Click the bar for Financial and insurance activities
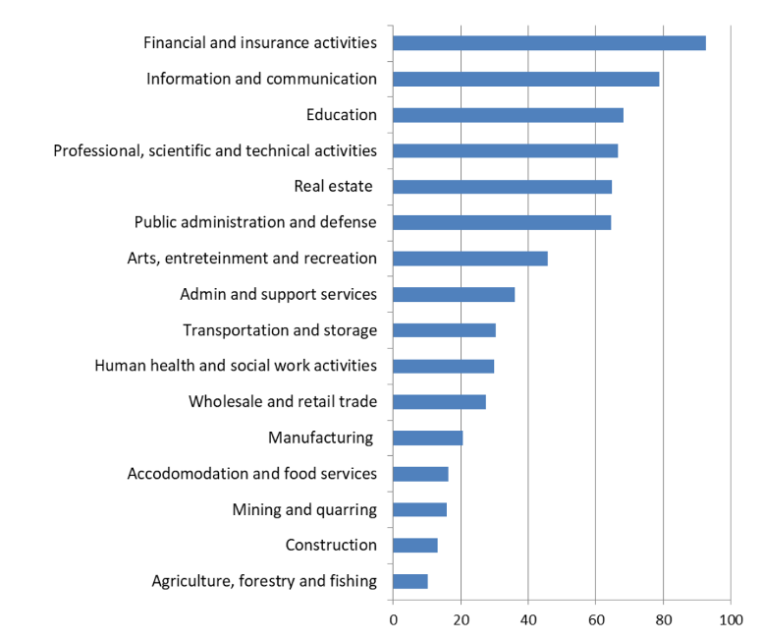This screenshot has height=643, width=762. pos(549,43)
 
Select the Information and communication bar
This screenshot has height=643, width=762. pos(525,79)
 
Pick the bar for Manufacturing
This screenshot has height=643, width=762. pos(427,438)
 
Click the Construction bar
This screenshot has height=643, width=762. pos(414,546)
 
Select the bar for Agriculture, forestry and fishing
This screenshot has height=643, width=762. pos(409,581)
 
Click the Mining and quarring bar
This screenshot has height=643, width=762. pos(419,509)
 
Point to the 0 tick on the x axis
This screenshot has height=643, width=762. pos(393,619)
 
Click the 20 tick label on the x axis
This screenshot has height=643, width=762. pos(461,619)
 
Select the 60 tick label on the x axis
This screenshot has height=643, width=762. pos(595,619)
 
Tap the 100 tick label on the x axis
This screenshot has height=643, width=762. pos(731,619)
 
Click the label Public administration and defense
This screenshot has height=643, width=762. pos(255,222)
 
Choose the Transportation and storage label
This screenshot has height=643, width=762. pos(280,330)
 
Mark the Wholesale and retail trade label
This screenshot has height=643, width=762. pos(283,401)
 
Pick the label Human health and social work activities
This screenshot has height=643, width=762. pos(236,366)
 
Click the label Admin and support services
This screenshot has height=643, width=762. pos(278,294)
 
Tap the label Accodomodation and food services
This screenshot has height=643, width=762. pos(252,474)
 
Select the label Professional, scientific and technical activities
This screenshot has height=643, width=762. pos(215,150)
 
